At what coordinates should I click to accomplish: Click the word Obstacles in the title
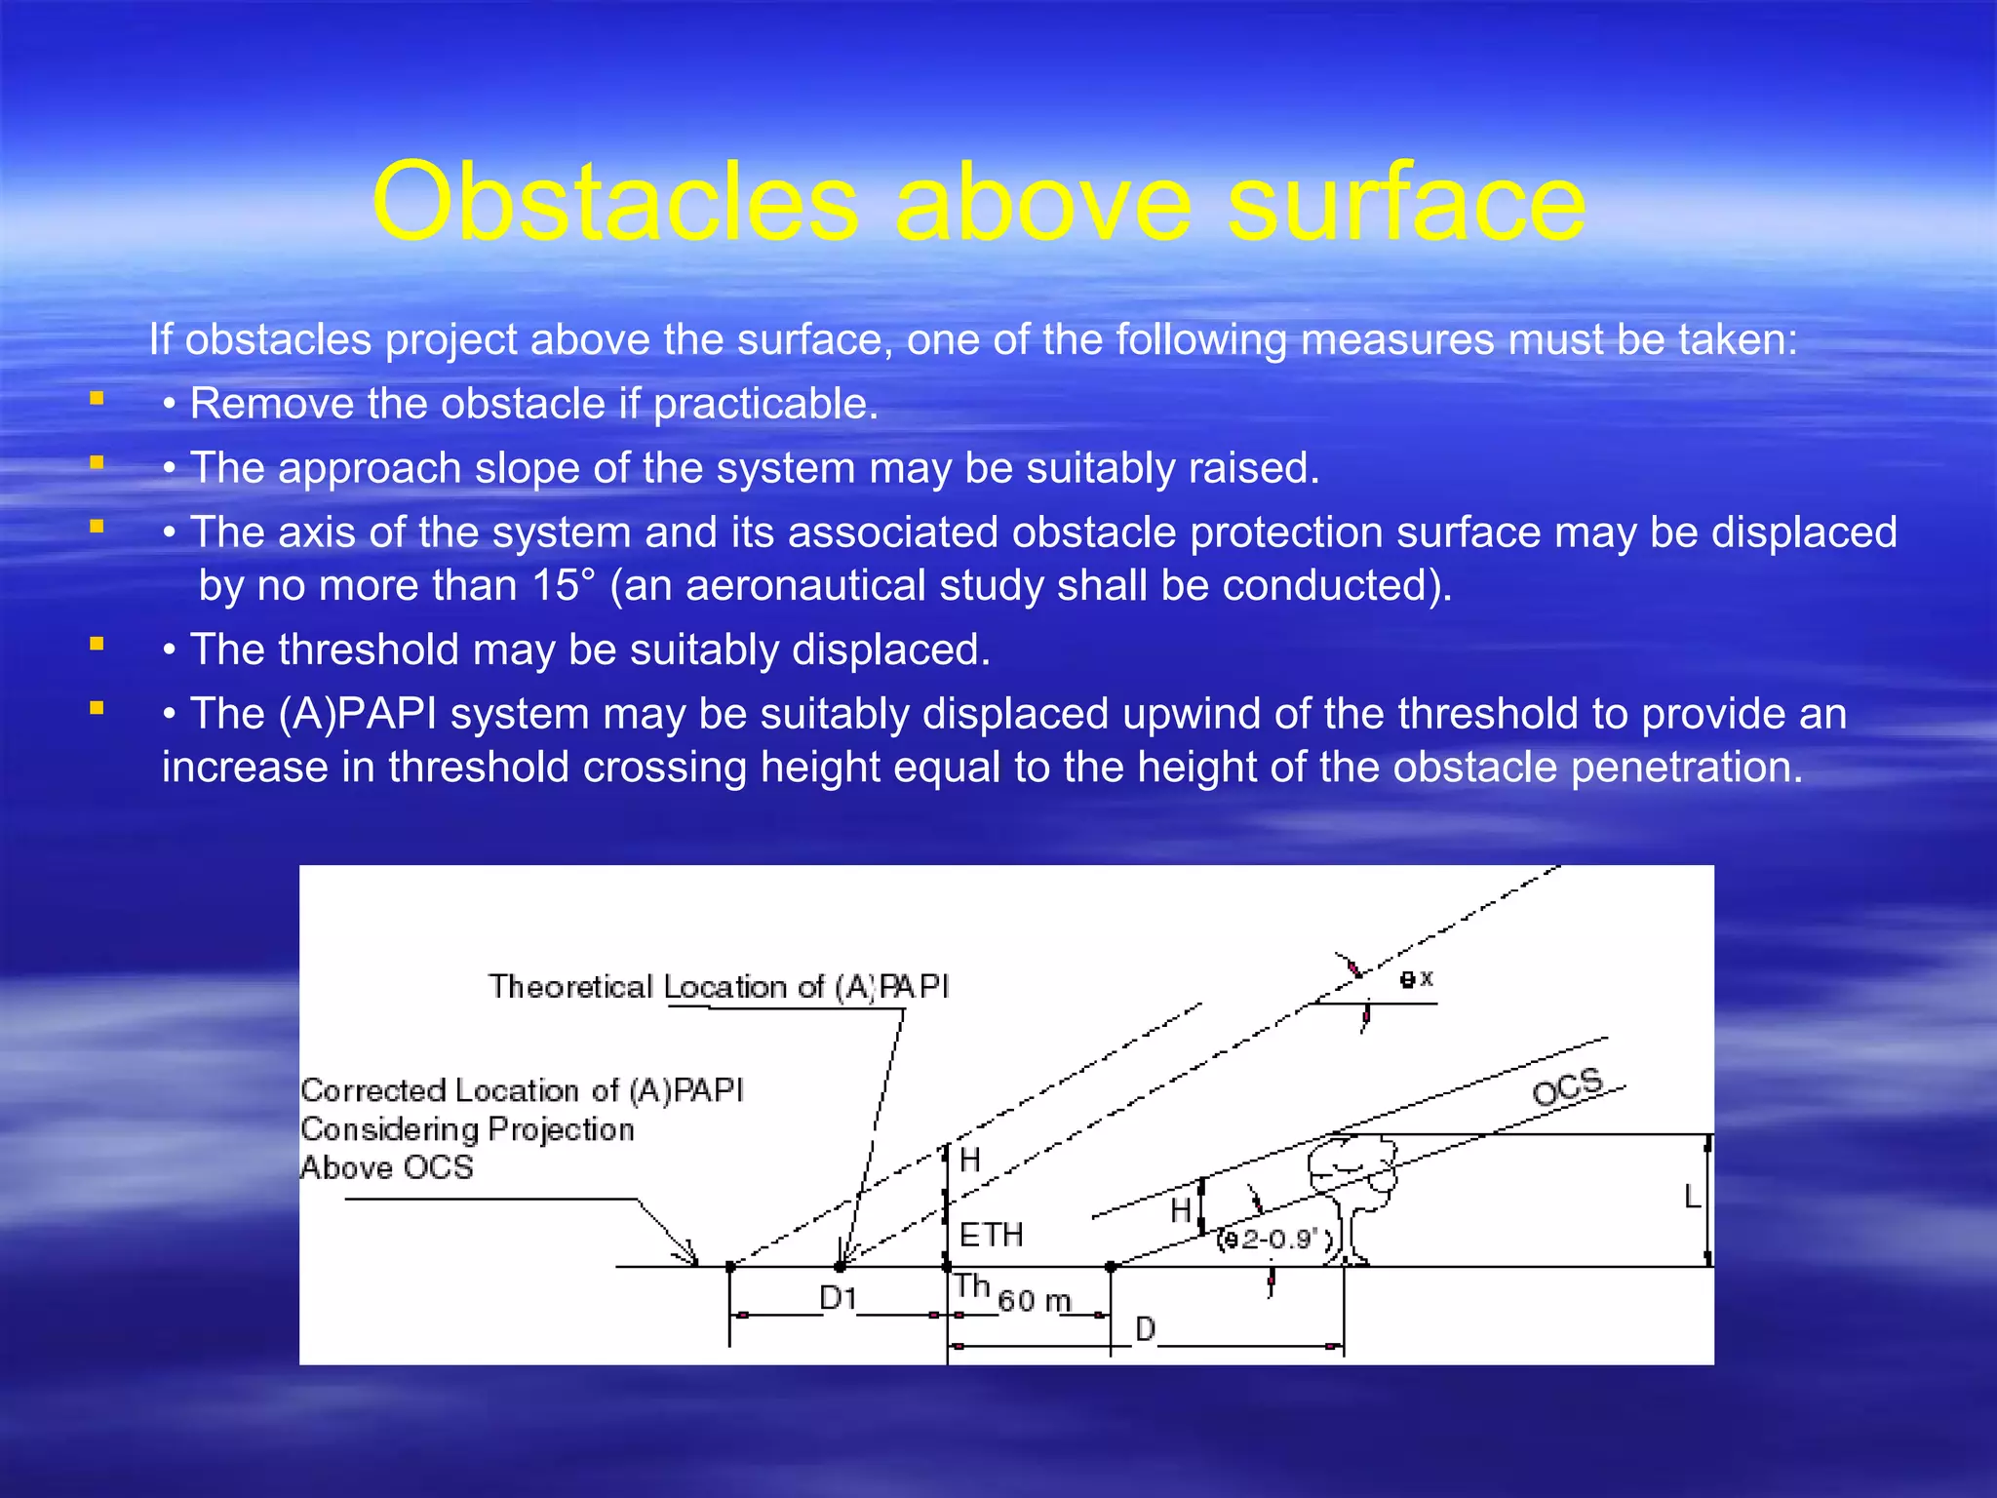click(x=614, y=203)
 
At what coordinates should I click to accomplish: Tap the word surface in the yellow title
click(x=1405, y=203)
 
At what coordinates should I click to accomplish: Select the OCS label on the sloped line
click(x=1567, y=1087)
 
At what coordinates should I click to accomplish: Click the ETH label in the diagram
click(x=991, y=1236)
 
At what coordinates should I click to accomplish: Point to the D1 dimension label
click(x=838, y=1298)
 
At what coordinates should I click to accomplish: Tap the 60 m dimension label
click(x=1035, y=1301)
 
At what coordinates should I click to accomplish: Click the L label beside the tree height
click(x=1693, y=1197)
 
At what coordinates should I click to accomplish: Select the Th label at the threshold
click(x=971, y=1286)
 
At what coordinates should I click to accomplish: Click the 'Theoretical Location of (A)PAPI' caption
click(x=719, y=987)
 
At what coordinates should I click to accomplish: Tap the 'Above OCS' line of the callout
click(x=386, y=1167)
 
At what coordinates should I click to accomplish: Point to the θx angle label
click(x=1416, y=979)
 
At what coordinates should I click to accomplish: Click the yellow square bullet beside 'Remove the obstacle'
click(x=97, y=398)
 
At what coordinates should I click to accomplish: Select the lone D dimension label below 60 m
click(x=1146, y=1328)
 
